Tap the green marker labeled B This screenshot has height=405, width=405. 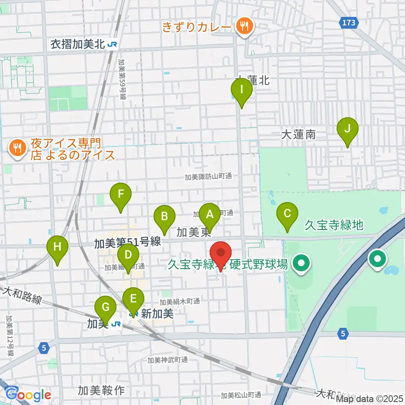165,217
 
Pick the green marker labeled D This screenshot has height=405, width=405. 129,255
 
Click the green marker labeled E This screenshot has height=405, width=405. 133,299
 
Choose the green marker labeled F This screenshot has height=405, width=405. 121,194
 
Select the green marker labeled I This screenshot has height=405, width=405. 241,89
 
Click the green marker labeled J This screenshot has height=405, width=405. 347,128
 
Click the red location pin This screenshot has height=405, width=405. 221,254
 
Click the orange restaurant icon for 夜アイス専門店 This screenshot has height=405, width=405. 17,147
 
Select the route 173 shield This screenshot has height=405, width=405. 349,22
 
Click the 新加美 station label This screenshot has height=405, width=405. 157,313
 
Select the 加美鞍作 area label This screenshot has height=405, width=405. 101,391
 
